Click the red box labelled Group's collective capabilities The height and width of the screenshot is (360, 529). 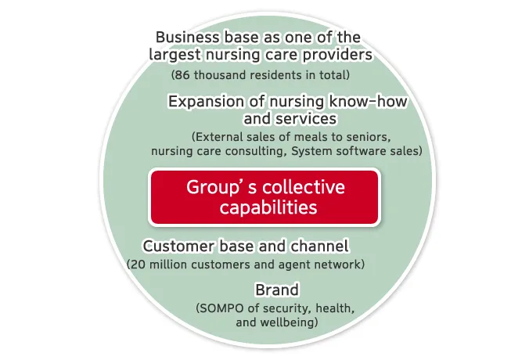[x=264, y=197]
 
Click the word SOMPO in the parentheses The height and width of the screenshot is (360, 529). [x=221, y=308]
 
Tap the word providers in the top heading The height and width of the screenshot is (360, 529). [x=336, y=55]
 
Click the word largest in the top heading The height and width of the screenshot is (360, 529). [x=175, y=55]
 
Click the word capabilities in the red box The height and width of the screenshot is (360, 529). [x=268, y=207]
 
